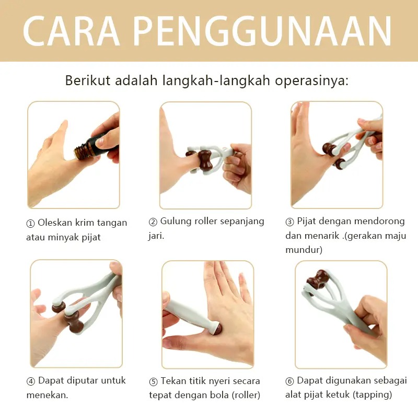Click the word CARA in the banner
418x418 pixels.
[x=72, y=31]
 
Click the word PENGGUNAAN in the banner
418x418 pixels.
[x=262, y=31]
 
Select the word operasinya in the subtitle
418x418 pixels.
[x=311, y=81]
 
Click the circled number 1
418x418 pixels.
[x=30, y=224]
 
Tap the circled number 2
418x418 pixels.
[x=153, y=222]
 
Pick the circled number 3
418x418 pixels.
[x=289, y=222]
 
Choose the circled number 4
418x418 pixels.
[x=31, y=381]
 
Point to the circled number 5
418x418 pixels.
[x=153, y=382]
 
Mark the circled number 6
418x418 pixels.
[x=289, y=381]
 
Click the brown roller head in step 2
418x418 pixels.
[x=203, y=161]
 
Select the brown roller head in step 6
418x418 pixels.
[x=317, y=281]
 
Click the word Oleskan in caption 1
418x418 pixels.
[x=55, y=223]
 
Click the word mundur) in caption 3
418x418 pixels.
[x=304, y=250]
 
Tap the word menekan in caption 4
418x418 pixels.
[x=47, y=395]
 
